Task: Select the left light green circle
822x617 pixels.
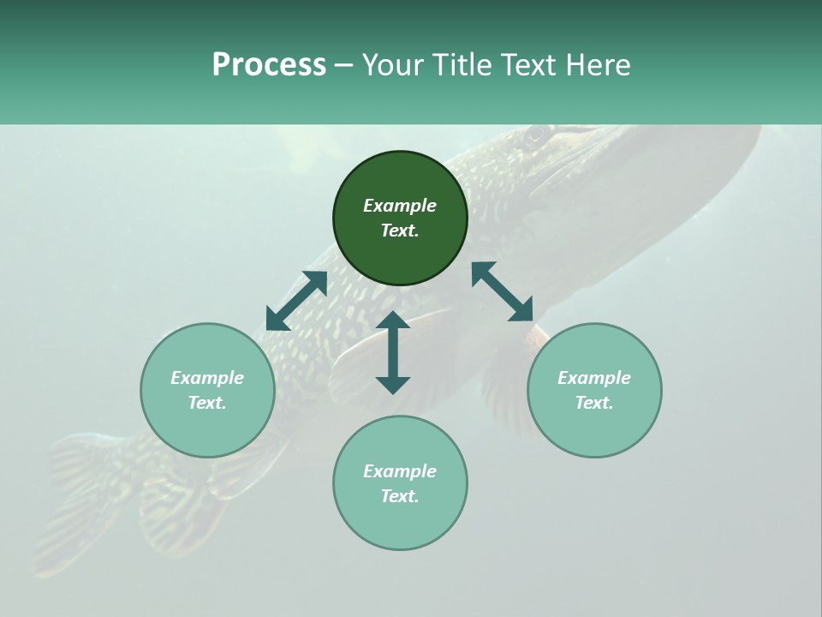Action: point(207,428)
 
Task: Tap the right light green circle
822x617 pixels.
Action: point(594,428)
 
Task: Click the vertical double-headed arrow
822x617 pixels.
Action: point(393,352)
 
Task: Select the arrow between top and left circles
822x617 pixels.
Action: point(296,301)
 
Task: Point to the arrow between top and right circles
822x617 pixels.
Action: point(502,291)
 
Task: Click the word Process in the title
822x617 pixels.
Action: point(269,65)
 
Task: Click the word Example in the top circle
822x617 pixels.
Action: point(400,206)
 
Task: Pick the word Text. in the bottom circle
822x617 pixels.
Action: point(400,496)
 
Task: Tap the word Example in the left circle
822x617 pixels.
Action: point(207,378)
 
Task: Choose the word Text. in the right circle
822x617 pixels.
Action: point(594,403)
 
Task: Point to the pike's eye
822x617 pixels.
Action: point(536,135)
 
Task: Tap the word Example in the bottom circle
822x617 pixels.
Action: point(400,471)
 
